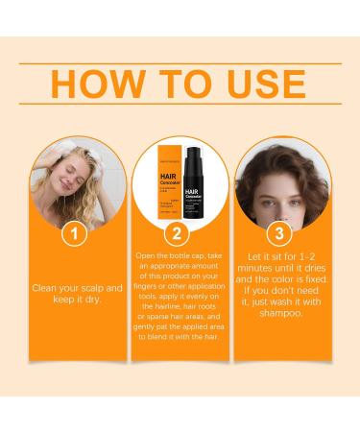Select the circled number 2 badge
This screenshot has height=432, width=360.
coord(180,234)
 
